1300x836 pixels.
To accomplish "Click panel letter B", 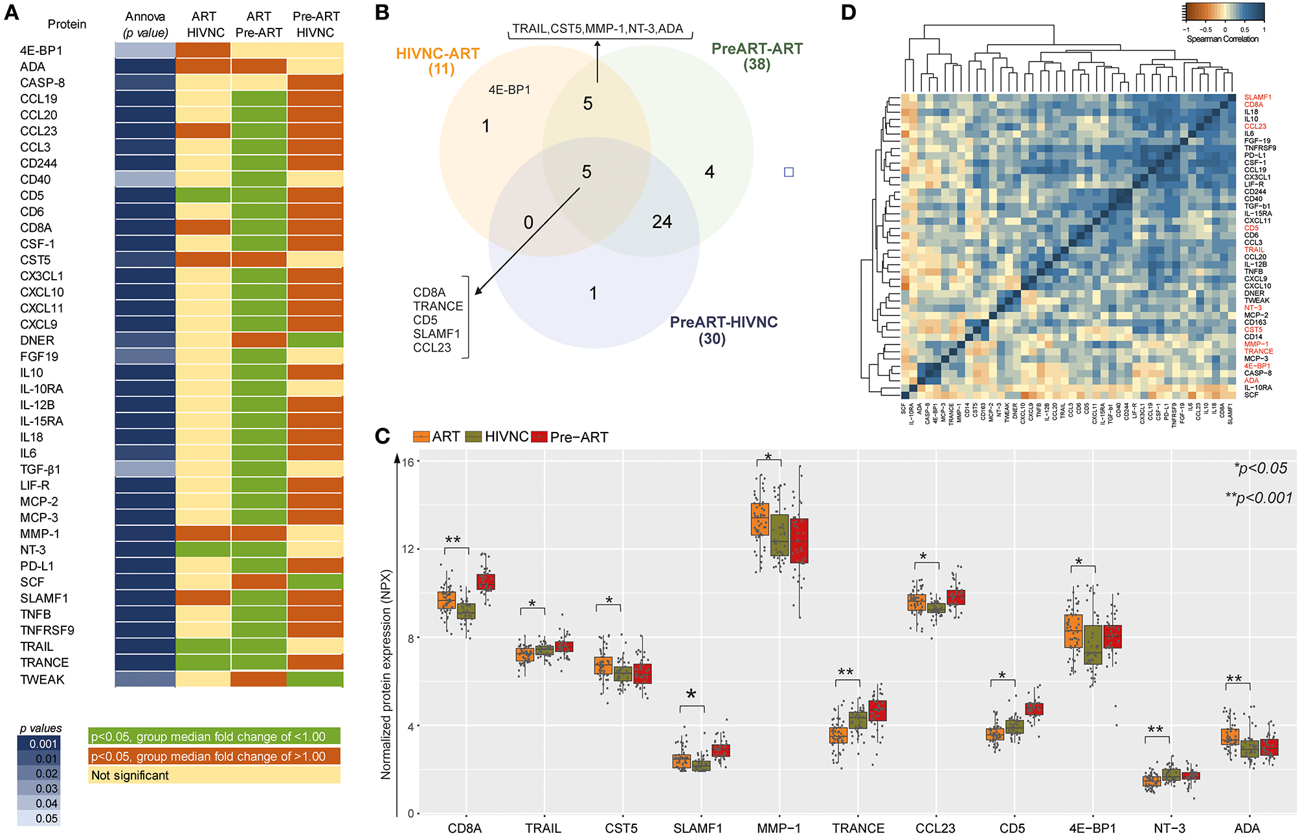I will click(382, 12).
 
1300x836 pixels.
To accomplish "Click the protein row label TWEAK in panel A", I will click(42, 679).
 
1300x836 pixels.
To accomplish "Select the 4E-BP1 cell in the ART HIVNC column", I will click(203, 51).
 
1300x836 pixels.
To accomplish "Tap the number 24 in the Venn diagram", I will click(662, 222).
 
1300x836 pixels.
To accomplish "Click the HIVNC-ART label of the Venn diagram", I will click(438, 54).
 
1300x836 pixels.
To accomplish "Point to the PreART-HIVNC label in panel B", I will click(723, 322).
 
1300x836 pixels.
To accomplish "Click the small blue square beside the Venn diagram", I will click(789, 172).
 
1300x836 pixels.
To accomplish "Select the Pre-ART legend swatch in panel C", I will click(539, 437).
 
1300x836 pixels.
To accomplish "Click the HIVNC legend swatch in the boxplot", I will click(474, 437).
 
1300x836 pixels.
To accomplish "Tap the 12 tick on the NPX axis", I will click(408, 549).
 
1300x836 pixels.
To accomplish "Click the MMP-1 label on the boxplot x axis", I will click(779, 828).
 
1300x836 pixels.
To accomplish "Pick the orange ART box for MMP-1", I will click(759, 519).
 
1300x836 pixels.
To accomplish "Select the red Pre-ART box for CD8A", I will click(486, 582).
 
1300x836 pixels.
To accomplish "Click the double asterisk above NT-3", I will click(1155, 730).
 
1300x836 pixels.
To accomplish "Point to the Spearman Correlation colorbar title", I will click(1222, 39).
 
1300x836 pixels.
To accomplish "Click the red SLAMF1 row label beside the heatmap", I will click(1258, 98).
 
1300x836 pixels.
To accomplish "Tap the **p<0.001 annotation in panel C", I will click(1258, 498).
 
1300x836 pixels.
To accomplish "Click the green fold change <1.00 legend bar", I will click(214, 736).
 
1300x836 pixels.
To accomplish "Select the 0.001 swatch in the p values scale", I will click(38, 744).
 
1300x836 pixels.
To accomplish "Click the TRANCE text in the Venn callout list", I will click(438, 306).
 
